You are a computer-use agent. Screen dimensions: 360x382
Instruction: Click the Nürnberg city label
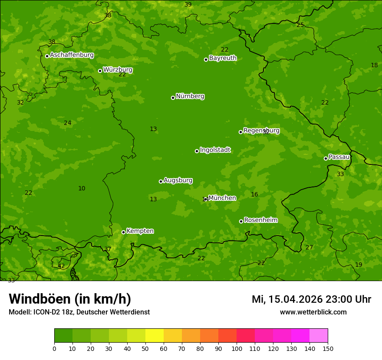(x=190, y=96)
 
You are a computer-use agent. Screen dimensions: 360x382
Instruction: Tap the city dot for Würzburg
(x=100, y=71)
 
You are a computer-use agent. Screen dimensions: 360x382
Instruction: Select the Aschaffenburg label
(x=72, y=55)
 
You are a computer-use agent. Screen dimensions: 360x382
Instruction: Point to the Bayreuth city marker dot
(x=206, y=59)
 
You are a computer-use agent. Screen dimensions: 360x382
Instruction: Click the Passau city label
(x=339, y=157)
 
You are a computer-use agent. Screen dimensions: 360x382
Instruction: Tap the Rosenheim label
(x=260, y=220)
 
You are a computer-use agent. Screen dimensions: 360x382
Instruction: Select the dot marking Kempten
(x=123, y=232)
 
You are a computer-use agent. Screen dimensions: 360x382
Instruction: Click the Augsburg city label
(x=178, y=180)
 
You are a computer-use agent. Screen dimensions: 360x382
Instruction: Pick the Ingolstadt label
(x=215, y=150)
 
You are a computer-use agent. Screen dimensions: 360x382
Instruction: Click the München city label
(x=222, y=198)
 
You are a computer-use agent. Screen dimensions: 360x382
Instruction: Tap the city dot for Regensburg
(x=240, y=132)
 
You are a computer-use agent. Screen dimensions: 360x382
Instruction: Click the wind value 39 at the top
(x=188, y=5)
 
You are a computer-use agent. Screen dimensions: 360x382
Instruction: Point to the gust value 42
(x=61, y=266)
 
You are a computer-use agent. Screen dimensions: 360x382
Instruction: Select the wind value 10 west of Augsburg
(x=82, y=189)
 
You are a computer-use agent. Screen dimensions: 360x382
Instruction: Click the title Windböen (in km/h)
(x=70, y=299)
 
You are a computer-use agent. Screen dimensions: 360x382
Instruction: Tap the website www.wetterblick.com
(x=313, y=312)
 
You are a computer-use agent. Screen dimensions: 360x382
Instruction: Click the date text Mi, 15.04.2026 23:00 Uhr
(x=311, y=299)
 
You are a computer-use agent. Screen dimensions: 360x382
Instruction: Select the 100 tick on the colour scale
(x=237, y=348)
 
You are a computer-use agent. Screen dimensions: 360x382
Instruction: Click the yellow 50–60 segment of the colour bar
(x=155, y=336)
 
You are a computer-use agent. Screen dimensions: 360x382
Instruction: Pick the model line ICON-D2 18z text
(x=79, y=312)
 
